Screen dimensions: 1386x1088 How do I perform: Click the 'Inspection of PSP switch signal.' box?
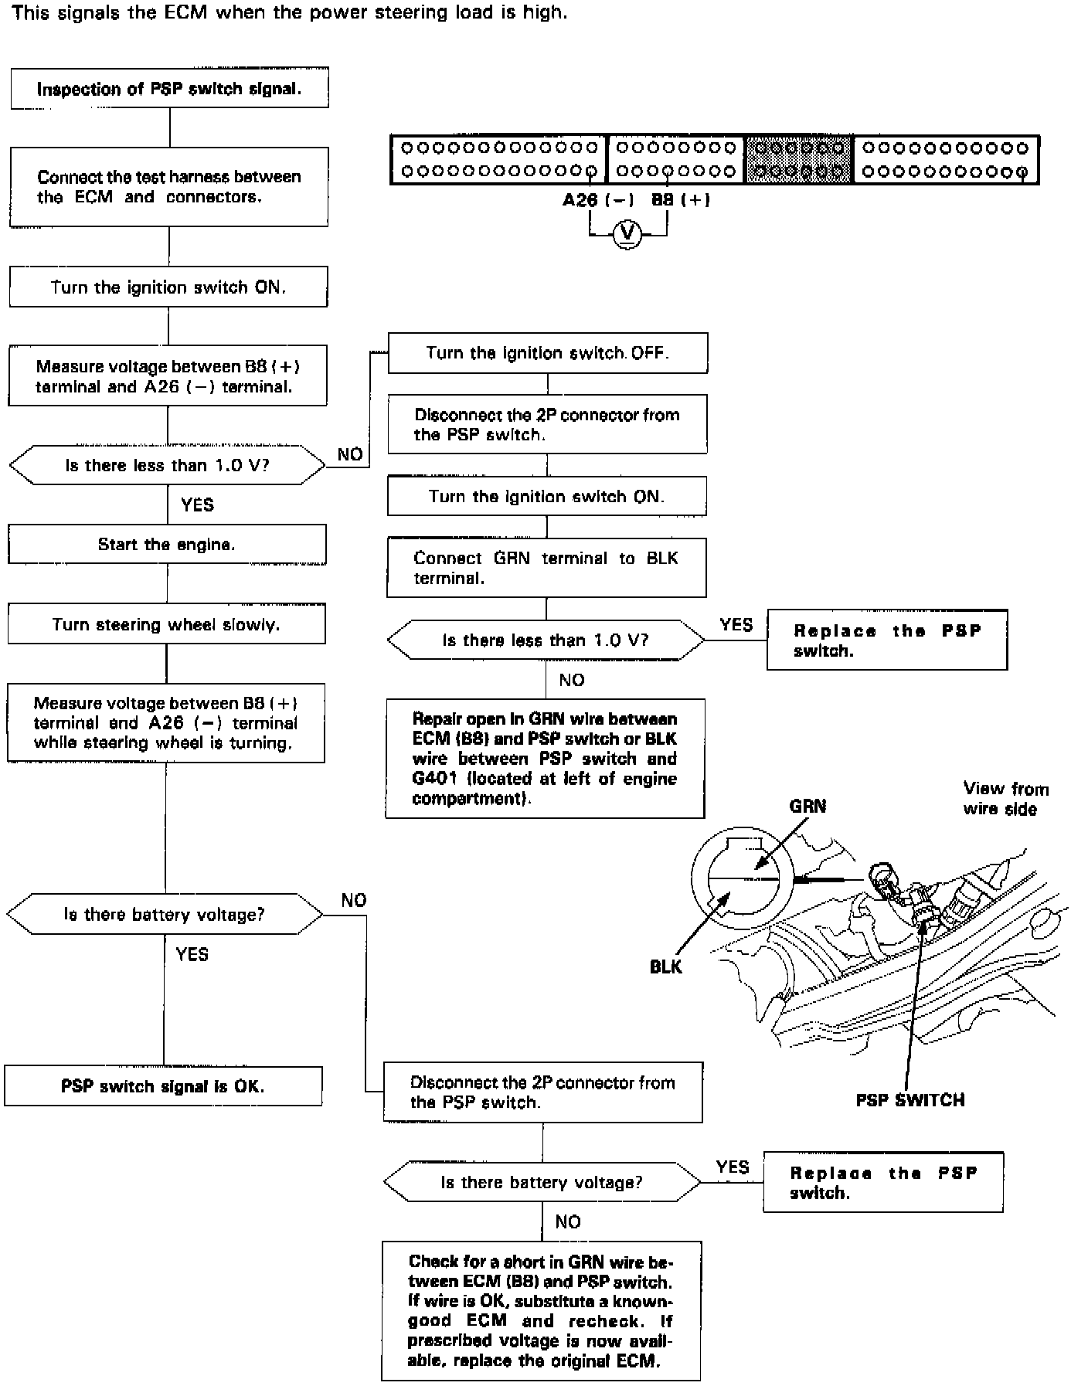(169, 89)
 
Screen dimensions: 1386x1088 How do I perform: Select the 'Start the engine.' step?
(167, 545)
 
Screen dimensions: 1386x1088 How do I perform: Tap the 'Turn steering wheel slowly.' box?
(166, 624)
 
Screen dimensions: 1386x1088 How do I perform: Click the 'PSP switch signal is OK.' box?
(163, 1086)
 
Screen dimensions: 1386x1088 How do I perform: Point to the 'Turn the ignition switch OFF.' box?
(548, 353)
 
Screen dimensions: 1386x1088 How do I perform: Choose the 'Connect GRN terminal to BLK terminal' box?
(546, 568)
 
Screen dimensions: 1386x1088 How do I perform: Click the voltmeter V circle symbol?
(627, 233)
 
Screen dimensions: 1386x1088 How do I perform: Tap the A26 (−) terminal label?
(597, 200)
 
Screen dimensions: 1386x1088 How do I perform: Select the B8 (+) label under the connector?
(681, 200)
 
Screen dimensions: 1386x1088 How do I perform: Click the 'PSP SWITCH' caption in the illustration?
(909, 1100)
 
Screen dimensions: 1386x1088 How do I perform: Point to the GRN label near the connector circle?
(807, 807)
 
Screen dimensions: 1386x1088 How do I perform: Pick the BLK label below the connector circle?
(665, 967)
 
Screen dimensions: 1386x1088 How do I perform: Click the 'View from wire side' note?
(1005, 799)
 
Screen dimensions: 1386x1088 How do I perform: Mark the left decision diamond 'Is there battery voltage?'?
(165, 915)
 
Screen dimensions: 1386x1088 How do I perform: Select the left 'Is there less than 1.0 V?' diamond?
(167, 465)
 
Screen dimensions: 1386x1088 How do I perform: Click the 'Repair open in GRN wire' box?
(545, 759)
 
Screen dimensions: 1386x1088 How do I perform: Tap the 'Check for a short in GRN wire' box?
(541, 1311)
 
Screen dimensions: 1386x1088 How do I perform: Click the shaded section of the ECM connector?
(799, 160)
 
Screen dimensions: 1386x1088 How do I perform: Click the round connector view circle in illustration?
(741, 878)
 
